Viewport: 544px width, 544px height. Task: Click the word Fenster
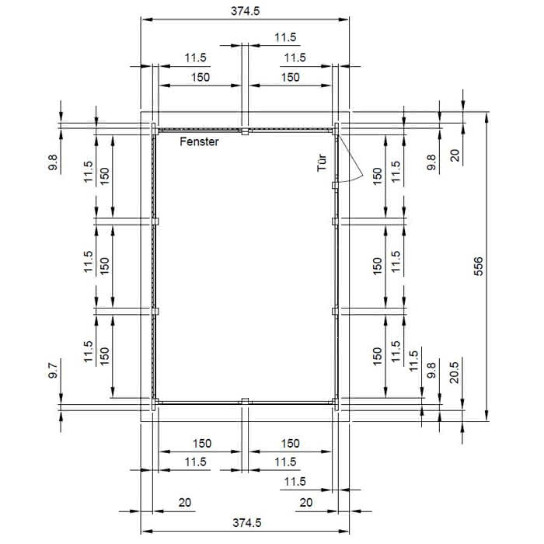coord(199,141)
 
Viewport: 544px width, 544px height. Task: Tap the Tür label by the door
coord(322,162)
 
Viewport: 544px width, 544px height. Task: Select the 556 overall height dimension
coord(478,266)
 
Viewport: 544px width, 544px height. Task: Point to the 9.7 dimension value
coord(53,370)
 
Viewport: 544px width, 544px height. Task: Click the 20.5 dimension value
coord(454,372)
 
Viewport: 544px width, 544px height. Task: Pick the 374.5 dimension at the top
coord(246,11)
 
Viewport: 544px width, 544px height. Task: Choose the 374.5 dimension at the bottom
coord(246,522)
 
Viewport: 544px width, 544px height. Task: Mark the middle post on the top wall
coord(245,131)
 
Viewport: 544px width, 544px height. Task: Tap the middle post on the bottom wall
coord(245,401)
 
